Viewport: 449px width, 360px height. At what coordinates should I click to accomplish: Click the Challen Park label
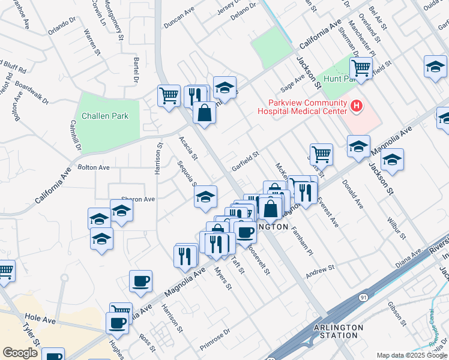[104, 116]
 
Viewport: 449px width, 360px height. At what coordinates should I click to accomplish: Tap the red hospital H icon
[357, 107]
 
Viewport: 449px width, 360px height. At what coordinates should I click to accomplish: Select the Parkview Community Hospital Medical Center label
[302, 107]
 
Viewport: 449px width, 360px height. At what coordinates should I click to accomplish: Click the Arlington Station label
[339, 331]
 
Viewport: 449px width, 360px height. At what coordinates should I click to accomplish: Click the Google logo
[20, 353]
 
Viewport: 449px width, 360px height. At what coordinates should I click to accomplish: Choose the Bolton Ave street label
[93, 167]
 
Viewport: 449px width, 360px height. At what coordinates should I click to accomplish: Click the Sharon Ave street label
[138, 199]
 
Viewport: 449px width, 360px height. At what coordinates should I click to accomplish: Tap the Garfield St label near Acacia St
[245, 161]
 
